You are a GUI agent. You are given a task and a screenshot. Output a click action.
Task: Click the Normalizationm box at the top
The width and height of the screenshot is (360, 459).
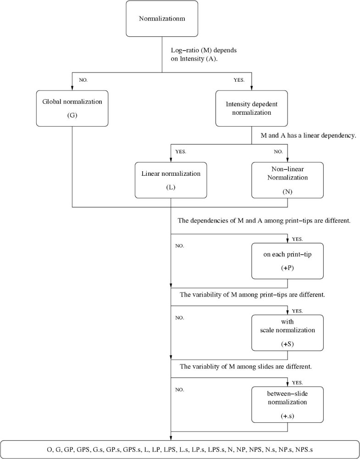click(162, 18)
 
